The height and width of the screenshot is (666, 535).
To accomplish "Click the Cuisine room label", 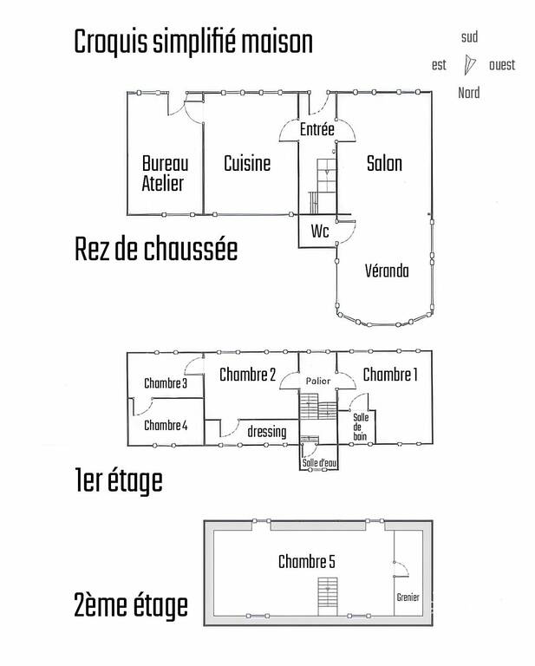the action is click(x=247, y=164).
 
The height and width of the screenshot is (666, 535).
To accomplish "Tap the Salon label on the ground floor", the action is click(x=384, y=164).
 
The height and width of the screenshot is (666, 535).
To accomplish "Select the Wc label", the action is click(x=320, y=231).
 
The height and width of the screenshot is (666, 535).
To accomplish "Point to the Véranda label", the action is click(x=387, y=271).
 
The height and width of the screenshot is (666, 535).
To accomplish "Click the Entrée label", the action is click(x=317, y=128).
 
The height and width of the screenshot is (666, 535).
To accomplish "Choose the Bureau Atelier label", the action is click(x=165, y=173).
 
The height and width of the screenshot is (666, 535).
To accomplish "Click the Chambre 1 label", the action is click(x=390, y=375).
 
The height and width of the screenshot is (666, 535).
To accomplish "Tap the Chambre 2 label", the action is click(x=247, y=375).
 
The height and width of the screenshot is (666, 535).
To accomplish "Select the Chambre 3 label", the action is click(x=166, y=383).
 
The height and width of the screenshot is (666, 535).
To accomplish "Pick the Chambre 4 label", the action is click(x=166, y=425).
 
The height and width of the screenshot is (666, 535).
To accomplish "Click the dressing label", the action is click(x=267, y=432).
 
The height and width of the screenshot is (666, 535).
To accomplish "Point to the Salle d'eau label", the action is click(x=319, y=463).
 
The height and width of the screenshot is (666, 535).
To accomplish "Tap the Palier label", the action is click(x=318, y=381).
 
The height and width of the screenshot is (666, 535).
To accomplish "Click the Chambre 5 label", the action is click(x=307, y=562).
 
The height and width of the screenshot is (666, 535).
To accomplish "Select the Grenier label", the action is click(x=408, y=597).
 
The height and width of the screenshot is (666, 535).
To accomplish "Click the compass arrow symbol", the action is click(x=469, y=65).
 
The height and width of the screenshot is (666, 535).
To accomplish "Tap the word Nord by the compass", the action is click(x=469, y=93).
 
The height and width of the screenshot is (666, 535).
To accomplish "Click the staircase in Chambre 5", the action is click(x=328, y=597).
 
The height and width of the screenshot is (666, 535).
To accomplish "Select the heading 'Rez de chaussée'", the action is click(x=156, y=249).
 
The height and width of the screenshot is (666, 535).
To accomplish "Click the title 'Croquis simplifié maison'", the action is click(x=193, y=42).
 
